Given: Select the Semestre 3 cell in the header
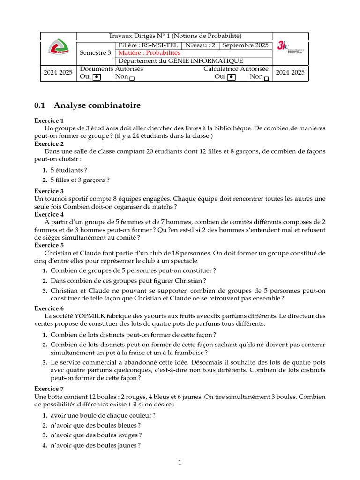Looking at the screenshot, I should pyautogui.click(x=95, y=53).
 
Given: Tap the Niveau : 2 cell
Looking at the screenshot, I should pyautogui.click(x=200, y=45).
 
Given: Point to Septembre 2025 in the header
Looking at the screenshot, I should pyautogui.click(x=245, y=45).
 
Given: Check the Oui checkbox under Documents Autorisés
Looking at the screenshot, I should pyautogui.click(x=97, y=77).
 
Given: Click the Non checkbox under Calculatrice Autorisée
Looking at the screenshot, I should pyautogui.click(x=267, y=78).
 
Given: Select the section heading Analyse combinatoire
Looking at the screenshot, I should pyautogui.click(x=97, y=105).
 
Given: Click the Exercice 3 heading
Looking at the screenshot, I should pyautogui.click(x=49, y=191).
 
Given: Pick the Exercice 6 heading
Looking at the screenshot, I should pyautogui.click(x=49, y=308).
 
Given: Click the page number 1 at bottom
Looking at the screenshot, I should pyautogui.click(x=180, y=463).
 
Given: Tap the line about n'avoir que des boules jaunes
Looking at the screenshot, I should pyautogui.click(x=96, y=446).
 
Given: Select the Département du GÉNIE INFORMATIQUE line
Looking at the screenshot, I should pyautogui.click(x=180, y=61).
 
